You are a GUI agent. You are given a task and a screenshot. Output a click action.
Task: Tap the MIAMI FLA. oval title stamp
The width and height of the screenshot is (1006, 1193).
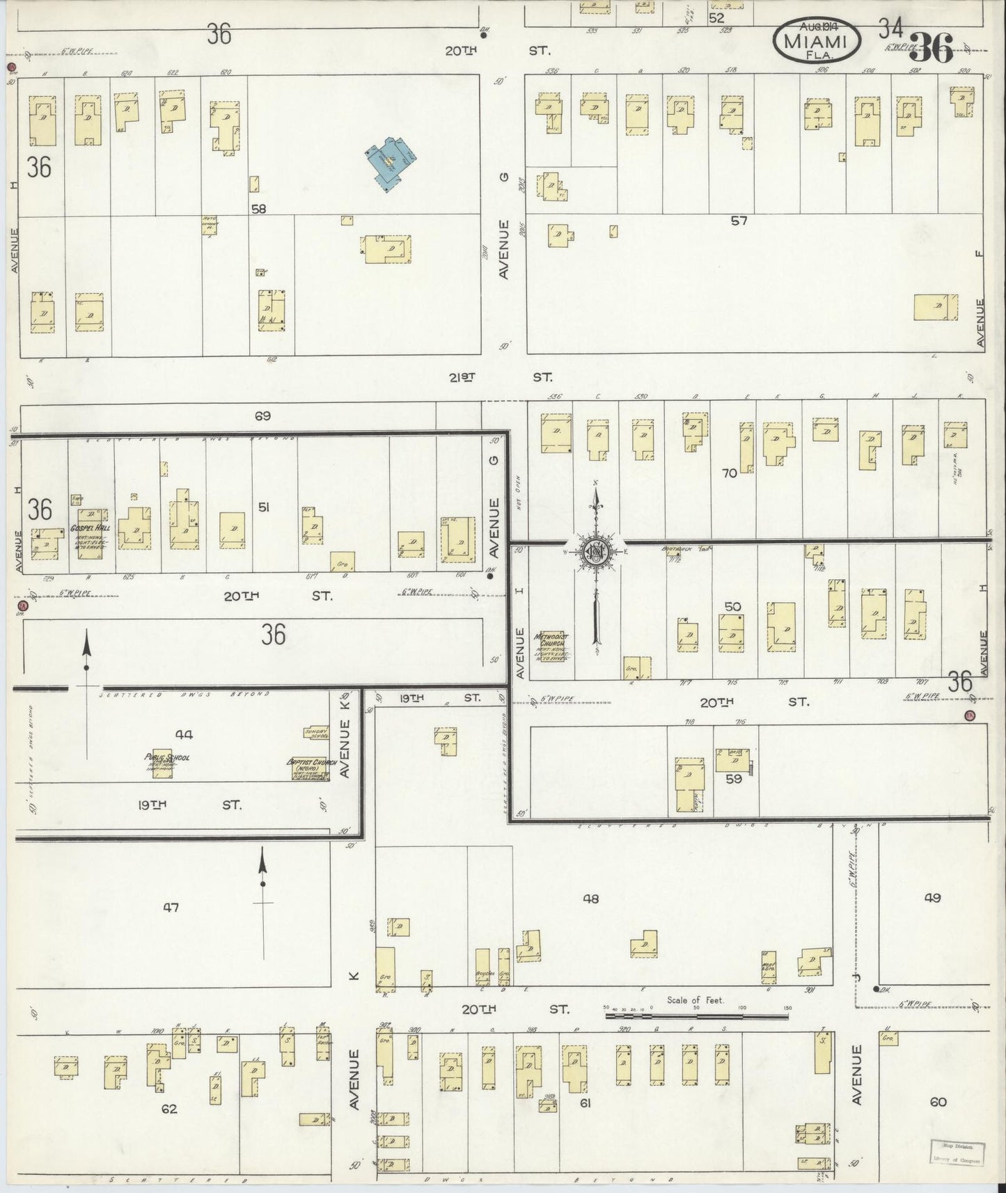click(816, 40)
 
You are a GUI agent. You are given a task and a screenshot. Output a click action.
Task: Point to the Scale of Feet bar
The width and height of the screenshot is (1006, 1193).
click(696, 1016)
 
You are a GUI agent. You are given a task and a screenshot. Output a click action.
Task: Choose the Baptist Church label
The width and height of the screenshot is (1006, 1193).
click(312, 764)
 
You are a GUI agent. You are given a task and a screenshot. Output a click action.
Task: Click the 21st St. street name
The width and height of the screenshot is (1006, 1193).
click(501, 377)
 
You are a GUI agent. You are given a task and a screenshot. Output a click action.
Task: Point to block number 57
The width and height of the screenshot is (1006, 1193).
click(739, 221)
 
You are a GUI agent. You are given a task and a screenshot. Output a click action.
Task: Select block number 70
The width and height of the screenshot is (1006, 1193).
click(729, 473)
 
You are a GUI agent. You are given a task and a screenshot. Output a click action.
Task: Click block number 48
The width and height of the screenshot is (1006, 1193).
click(590, 899)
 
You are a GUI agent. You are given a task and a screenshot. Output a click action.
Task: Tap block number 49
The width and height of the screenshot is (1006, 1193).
click(932, 898)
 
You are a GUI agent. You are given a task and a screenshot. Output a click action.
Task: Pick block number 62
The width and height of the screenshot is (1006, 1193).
click(169, 1109)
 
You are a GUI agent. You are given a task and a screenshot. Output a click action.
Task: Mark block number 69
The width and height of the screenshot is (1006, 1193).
click(262, 416)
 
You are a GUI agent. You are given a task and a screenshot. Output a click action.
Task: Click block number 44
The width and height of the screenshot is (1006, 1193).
click(184, 734)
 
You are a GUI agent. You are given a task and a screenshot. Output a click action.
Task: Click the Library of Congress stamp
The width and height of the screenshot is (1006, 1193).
click(957, 1153)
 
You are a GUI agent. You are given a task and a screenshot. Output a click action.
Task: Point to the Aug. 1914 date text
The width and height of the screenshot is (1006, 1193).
click(816, 26)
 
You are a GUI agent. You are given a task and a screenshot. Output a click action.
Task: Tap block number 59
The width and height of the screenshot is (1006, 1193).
click(734, 779)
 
